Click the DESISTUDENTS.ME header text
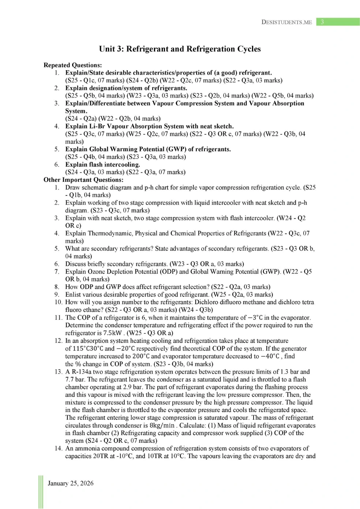click(286, 22)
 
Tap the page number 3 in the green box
click(322, 22)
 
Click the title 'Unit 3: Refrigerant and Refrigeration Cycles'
click(180, 49)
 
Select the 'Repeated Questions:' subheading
click(72, 65)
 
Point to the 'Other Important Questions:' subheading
click(83, 180)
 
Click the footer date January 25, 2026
click(70, 483)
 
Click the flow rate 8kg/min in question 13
click(162, 425)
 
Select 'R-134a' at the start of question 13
click(81, 371)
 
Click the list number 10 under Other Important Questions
click(58, 302)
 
